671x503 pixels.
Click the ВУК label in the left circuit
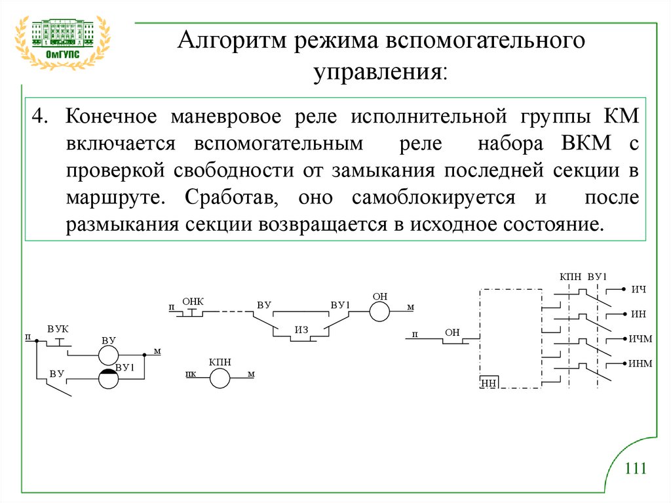pyautogui.click(x=58, y=327)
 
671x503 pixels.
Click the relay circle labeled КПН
pyautogui.click(x=220, y=377)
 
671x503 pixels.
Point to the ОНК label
pyautogui.click(x=193, y=301)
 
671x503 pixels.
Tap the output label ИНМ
pyautogui.click(x=640, y=363)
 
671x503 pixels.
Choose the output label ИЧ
pyautogui.click(x=638, y=289)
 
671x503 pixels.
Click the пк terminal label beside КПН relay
pyautogui.click(x=191, y=375)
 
